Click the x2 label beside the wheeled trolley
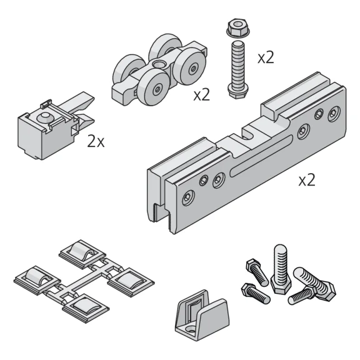coord(202,95)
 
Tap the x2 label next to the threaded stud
coord(266,57)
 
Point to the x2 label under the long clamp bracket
coord(307,180)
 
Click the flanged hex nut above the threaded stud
coord(238,28)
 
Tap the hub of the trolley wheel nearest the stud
coord(193,69)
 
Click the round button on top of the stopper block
coord(45,117)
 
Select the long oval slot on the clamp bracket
coord(261,156)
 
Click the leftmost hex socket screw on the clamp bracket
coord(188,197)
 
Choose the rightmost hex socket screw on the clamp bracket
coord(334,113)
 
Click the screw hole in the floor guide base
coord(191,330)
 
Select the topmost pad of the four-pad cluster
coord(82,254)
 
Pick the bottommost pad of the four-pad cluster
coord(86,309)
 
